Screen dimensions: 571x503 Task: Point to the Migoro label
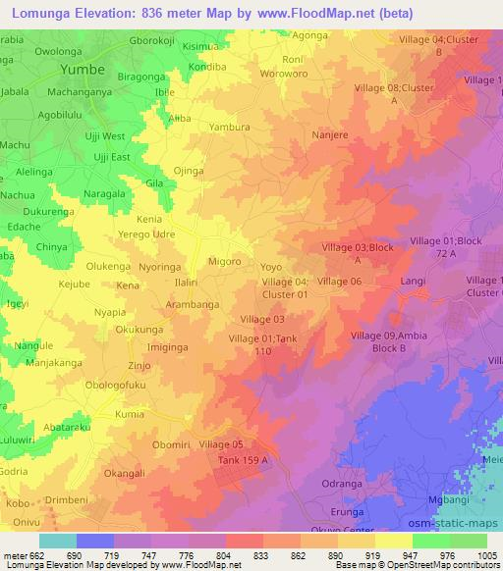[x=227, y=262]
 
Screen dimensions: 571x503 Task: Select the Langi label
[x=413, y=281]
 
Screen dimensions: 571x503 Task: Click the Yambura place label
[x=229, y=128]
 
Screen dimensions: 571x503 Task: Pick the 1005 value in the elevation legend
[x=485, y=554]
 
